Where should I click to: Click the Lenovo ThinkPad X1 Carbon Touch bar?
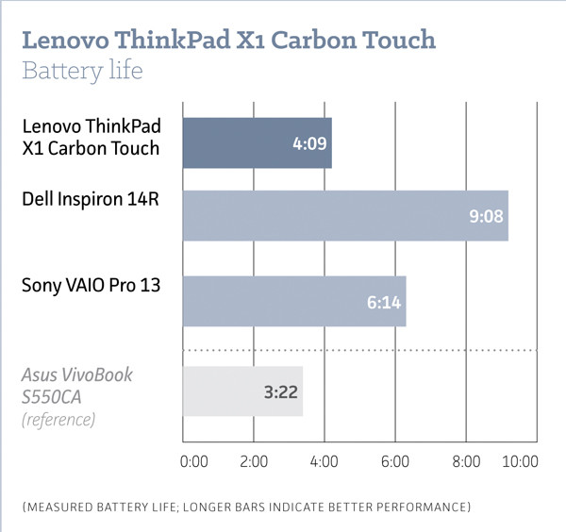257,143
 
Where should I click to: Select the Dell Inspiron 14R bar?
344,215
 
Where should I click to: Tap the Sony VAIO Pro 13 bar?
293,301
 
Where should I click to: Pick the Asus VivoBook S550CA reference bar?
242,391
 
